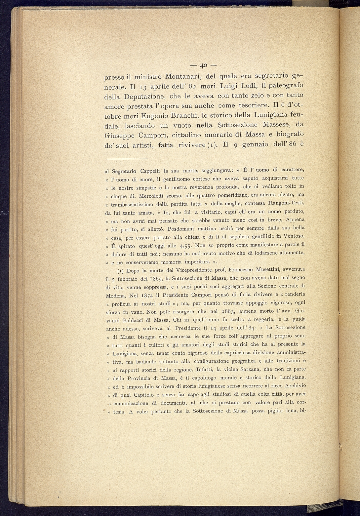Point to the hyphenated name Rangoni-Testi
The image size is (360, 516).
(x=286, y=203)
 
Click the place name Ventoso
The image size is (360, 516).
(x=293, y=236)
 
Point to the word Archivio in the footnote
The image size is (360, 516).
(x=292, y=386)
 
